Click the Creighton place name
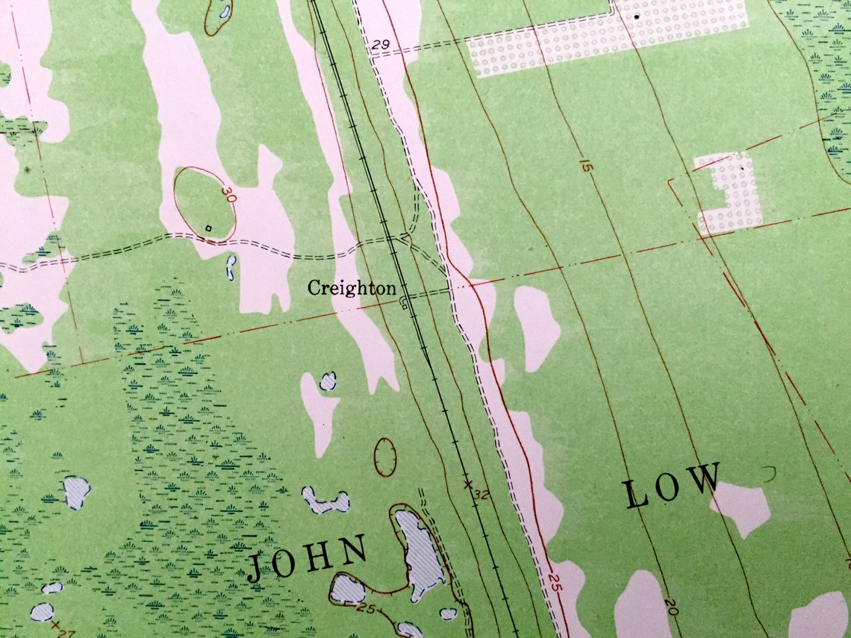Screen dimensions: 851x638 coord(352,288)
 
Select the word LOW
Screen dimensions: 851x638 coord(673,486)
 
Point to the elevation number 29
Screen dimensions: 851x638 coord(379,46)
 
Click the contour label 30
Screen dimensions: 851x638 coord(228,196)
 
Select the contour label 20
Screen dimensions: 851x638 coord(669,607)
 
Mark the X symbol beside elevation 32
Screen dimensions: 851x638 coord(468,484)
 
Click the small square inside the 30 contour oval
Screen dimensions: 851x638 coord(208,228)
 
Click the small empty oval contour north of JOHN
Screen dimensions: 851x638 coord(385,457)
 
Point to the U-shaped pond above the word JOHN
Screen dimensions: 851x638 coord(325,502)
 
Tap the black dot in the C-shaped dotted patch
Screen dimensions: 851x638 coord(742,170)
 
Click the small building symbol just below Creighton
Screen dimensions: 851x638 coord(404,301)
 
